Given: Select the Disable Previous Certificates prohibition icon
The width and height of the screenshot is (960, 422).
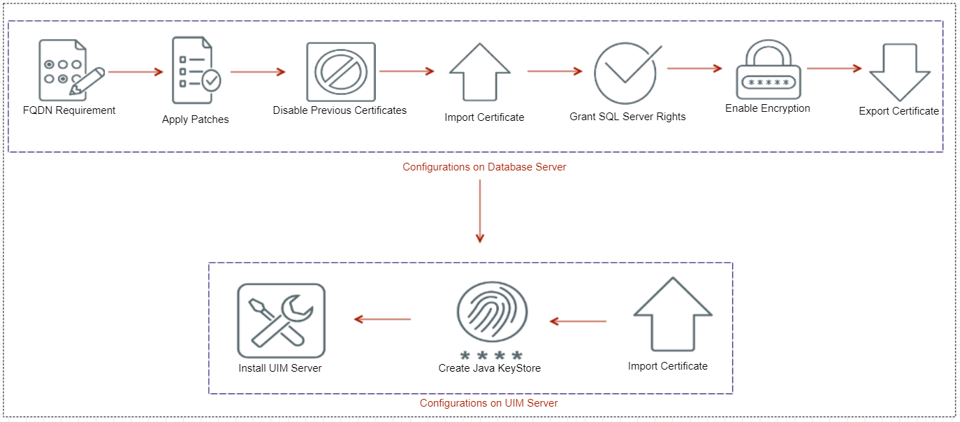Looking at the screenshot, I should click(340, 72).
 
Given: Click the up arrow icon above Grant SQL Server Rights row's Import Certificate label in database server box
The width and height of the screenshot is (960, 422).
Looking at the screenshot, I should click(480, 73).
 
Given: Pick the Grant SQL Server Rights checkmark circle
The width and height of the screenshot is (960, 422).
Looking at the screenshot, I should click(626, 73).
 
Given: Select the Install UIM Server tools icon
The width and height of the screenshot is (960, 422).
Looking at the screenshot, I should click(281, 321).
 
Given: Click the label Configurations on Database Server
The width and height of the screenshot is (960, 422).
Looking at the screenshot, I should click(484, 167).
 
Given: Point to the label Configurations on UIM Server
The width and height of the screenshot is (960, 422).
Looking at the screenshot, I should click(488, 403).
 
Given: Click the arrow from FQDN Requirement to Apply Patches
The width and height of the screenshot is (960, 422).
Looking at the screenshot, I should click(136, 71).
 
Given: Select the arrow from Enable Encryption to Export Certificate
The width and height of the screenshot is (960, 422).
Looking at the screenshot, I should click(834, 68).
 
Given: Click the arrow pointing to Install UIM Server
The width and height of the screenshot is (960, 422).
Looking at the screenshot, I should click(382, 319).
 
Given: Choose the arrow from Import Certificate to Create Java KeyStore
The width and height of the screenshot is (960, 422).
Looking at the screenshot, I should click(578, 321).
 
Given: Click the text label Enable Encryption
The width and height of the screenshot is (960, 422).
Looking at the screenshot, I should click(767, 108).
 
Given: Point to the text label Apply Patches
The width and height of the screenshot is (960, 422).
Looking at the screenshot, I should click(195, 119).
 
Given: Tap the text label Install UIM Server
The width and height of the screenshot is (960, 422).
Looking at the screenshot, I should click(280, 368).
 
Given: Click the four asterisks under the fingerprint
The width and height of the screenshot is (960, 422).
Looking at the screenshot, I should click(491, 356).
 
